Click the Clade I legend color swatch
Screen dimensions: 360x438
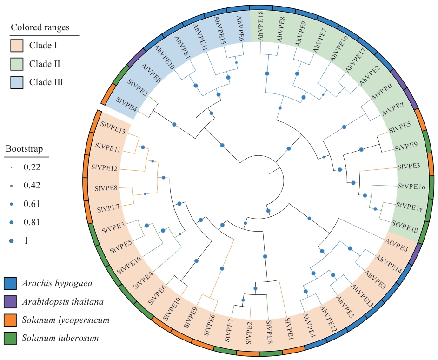point(17,46)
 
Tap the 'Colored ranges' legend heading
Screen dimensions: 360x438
point(40,27)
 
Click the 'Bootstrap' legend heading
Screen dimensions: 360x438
point(24,149)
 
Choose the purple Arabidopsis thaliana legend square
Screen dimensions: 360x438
point(10,301)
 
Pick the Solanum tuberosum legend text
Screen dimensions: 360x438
point(60,338)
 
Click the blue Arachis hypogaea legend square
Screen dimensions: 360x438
point(10,283)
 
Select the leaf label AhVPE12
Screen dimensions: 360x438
point(328,316)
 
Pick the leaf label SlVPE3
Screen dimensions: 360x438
point(409,166)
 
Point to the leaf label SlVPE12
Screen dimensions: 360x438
point(105,167)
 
